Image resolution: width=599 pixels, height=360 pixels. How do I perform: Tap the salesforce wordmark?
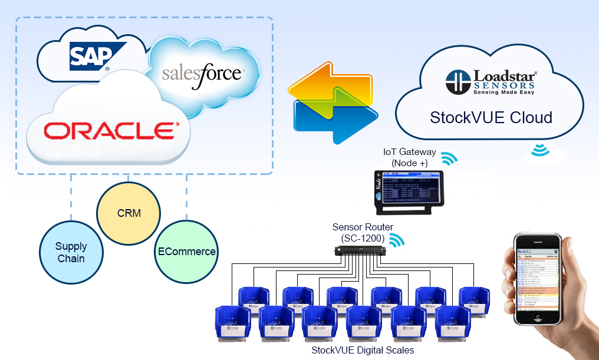(x=202, y=74)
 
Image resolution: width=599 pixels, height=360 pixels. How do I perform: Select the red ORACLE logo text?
(x=111, y=130)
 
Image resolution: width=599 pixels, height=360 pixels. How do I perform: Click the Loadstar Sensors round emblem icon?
(x=457, y=82)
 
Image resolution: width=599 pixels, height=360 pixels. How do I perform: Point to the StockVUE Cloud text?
(x=491, y=117)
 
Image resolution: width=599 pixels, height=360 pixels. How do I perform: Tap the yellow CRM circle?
(x=129, y=213)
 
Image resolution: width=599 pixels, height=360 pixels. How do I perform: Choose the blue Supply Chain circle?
(x=71, y=252)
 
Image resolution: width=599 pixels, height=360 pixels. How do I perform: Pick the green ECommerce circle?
(x=186, y=252)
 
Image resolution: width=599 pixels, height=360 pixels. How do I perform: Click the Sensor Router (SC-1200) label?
(x=363, y=232)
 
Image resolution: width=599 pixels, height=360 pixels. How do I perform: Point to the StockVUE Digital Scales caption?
(x=363, y=350)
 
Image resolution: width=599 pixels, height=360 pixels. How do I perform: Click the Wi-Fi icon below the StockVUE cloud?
(x=539, y=149)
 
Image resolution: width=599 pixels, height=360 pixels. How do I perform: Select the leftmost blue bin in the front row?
(x=233, y=323)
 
